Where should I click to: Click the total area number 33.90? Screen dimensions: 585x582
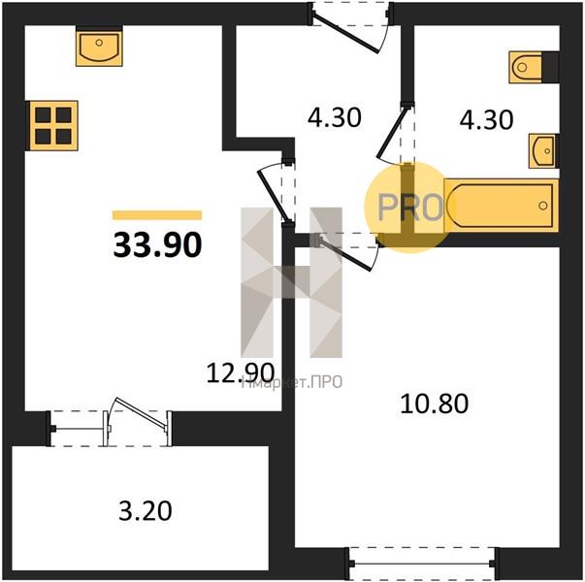[x=157, y=244]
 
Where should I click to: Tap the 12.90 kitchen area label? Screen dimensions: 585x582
[x=241, y=372]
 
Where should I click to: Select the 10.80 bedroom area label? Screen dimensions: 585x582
[x=435, y=404]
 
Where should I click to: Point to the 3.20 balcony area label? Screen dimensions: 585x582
[x=146, y=511]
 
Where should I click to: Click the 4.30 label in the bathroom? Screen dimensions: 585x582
[x=486, y=119]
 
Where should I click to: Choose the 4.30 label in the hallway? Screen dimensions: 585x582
[x=335, y=117]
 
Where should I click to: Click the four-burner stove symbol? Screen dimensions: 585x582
[x=52, y=126]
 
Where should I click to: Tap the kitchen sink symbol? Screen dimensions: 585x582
[x=99, y=47]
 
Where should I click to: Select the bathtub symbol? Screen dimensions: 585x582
[x=502, y=206]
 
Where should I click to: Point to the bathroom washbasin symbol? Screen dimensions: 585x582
[x=543, y=151]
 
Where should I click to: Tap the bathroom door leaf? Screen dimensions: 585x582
[x=391, y=131]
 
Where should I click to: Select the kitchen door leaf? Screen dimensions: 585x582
[x=274, y=195]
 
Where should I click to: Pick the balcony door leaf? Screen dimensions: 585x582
[x=141, y=412]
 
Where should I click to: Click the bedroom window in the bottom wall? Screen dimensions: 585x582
[x=422, y=564]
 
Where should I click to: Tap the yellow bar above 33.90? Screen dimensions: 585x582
[x=157, y=215]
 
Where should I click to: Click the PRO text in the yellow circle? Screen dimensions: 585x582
[x=410, y=207]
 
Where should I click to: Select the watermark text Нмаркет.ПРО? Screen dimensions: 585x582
[x=292, y=382]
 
